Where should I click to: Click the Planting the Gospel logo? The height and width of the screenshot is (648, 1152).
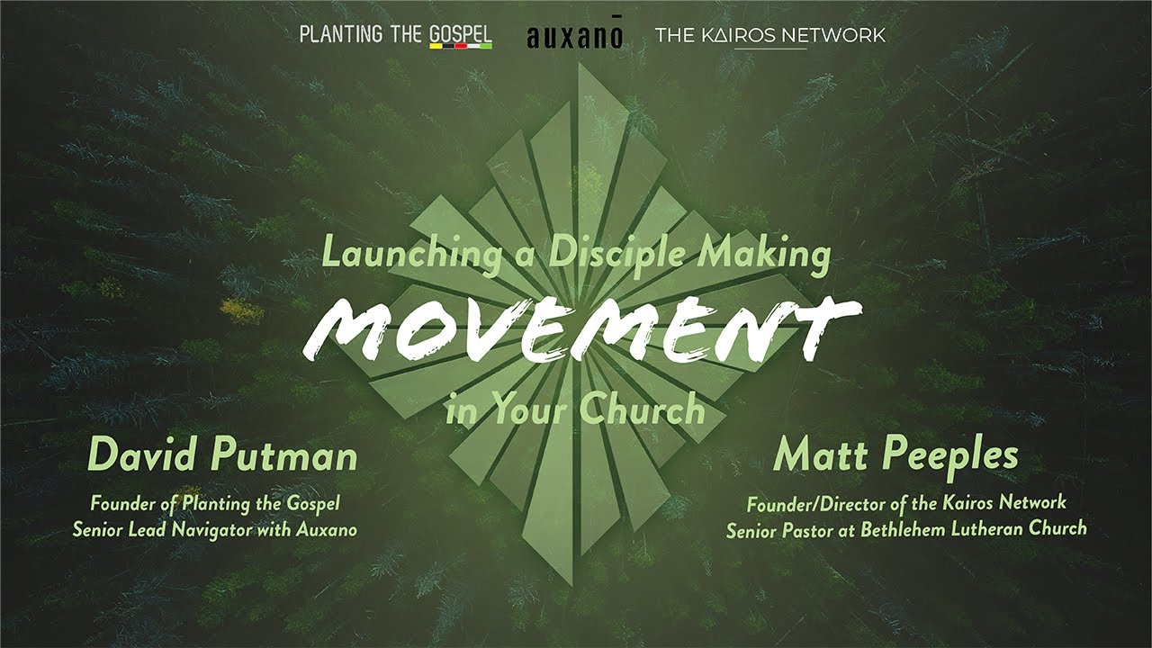click(395, 35)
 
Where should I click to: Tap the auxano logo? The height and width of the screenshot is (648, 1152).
click(573, 37)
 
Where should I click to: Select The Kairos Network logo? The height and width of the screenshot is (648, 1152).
click(769, 36)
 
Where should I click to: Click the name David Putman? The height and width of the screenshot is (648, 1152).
click(222, 457)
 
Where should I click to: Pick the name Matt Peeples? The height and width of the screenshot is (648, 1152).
click(895, 456)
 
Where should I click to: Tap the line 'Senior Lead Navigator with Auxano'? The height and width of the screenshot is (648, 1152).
click(215, 529)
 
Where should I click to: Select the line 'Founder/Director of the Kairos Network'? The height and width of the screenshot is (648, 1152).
click(906, 503)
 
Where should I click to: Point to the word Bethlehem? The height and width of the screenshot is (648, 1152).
click(903, 529)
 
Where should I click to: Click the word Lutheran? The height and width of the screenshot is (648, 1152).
click(985, 529)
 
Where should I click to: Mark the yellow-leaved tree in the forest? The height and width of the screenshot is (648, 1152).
click(241, 310)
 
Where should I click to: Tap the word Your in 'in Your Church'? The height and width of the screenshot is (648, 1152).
click(530, 409)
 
